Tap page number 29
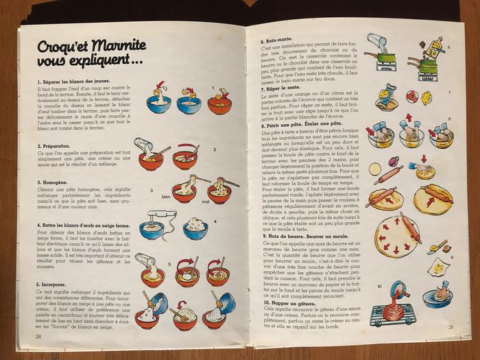451,327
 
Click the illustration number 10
379,285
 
